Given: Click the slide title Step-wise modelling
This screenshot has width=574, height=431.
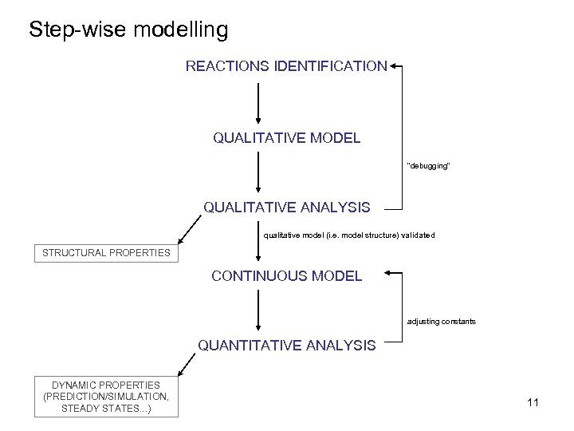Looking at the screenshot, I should click(128, 30).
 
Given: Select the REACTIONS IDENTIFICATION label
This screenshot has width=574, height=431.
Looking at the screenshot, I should click(286, 66).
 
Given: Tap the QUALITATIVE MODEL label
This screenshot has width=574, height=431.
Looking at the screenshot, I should click(286, 138).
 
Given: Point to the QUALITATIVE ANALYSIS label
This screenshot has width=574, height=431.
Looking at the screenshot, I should click(286, 208).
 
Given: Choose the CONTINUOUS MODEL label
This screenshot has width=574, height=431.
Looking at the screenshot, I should click(286, 276).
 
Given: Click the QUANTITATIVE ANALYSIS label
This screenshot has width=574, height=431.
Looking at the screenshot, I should click(286, 346).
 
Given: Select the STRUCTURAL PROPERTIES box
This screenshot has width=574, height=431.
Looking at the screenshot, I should click(106, 253).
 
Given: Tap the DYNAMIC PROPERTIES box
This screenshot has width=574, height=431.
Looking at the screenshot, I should click(106, 397).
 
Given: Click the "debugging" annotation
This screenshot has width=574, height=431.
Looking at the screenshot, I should click(429, 166).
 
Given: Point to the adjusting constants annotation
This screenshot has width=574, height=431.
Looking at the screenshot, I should click(441, 321).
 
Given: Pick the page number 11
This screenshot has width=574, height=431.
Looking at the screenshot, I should click(533, 403).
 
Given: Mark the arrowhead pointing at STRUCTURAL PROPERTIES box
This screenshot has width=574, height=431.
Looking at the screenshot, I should click(180, 240).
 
